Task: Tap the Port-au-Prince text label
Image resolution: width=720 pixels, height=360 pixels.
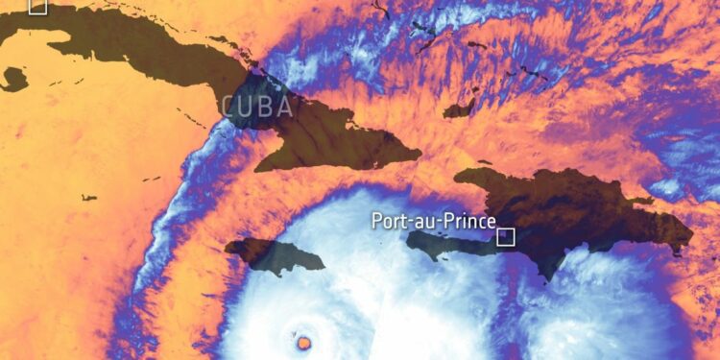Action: pos(433,222)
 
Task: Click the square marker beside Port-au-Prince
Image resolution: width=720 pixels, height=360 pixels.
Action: pos(506,236)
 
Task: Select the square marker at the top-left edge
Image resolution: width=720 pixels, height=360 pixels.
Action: pos(37,6)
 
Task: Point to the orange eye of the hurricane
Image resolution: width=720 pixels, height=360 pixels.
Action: pos(304,341)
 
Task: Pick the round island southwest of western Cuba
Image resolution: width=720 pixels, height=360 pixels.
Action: pos(13,79)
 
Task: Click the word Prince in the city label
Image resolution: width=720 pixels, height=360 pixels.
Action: pos(470,222)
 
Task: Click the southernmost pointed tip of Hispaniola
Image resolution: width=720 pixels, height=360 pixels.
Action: pos(546,279)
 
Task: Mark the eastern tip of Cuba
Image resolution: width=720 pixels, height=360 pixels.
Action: pos(420,153)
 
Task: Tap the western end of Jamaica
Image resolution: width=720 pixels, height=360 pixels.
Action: pos(228,249)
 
